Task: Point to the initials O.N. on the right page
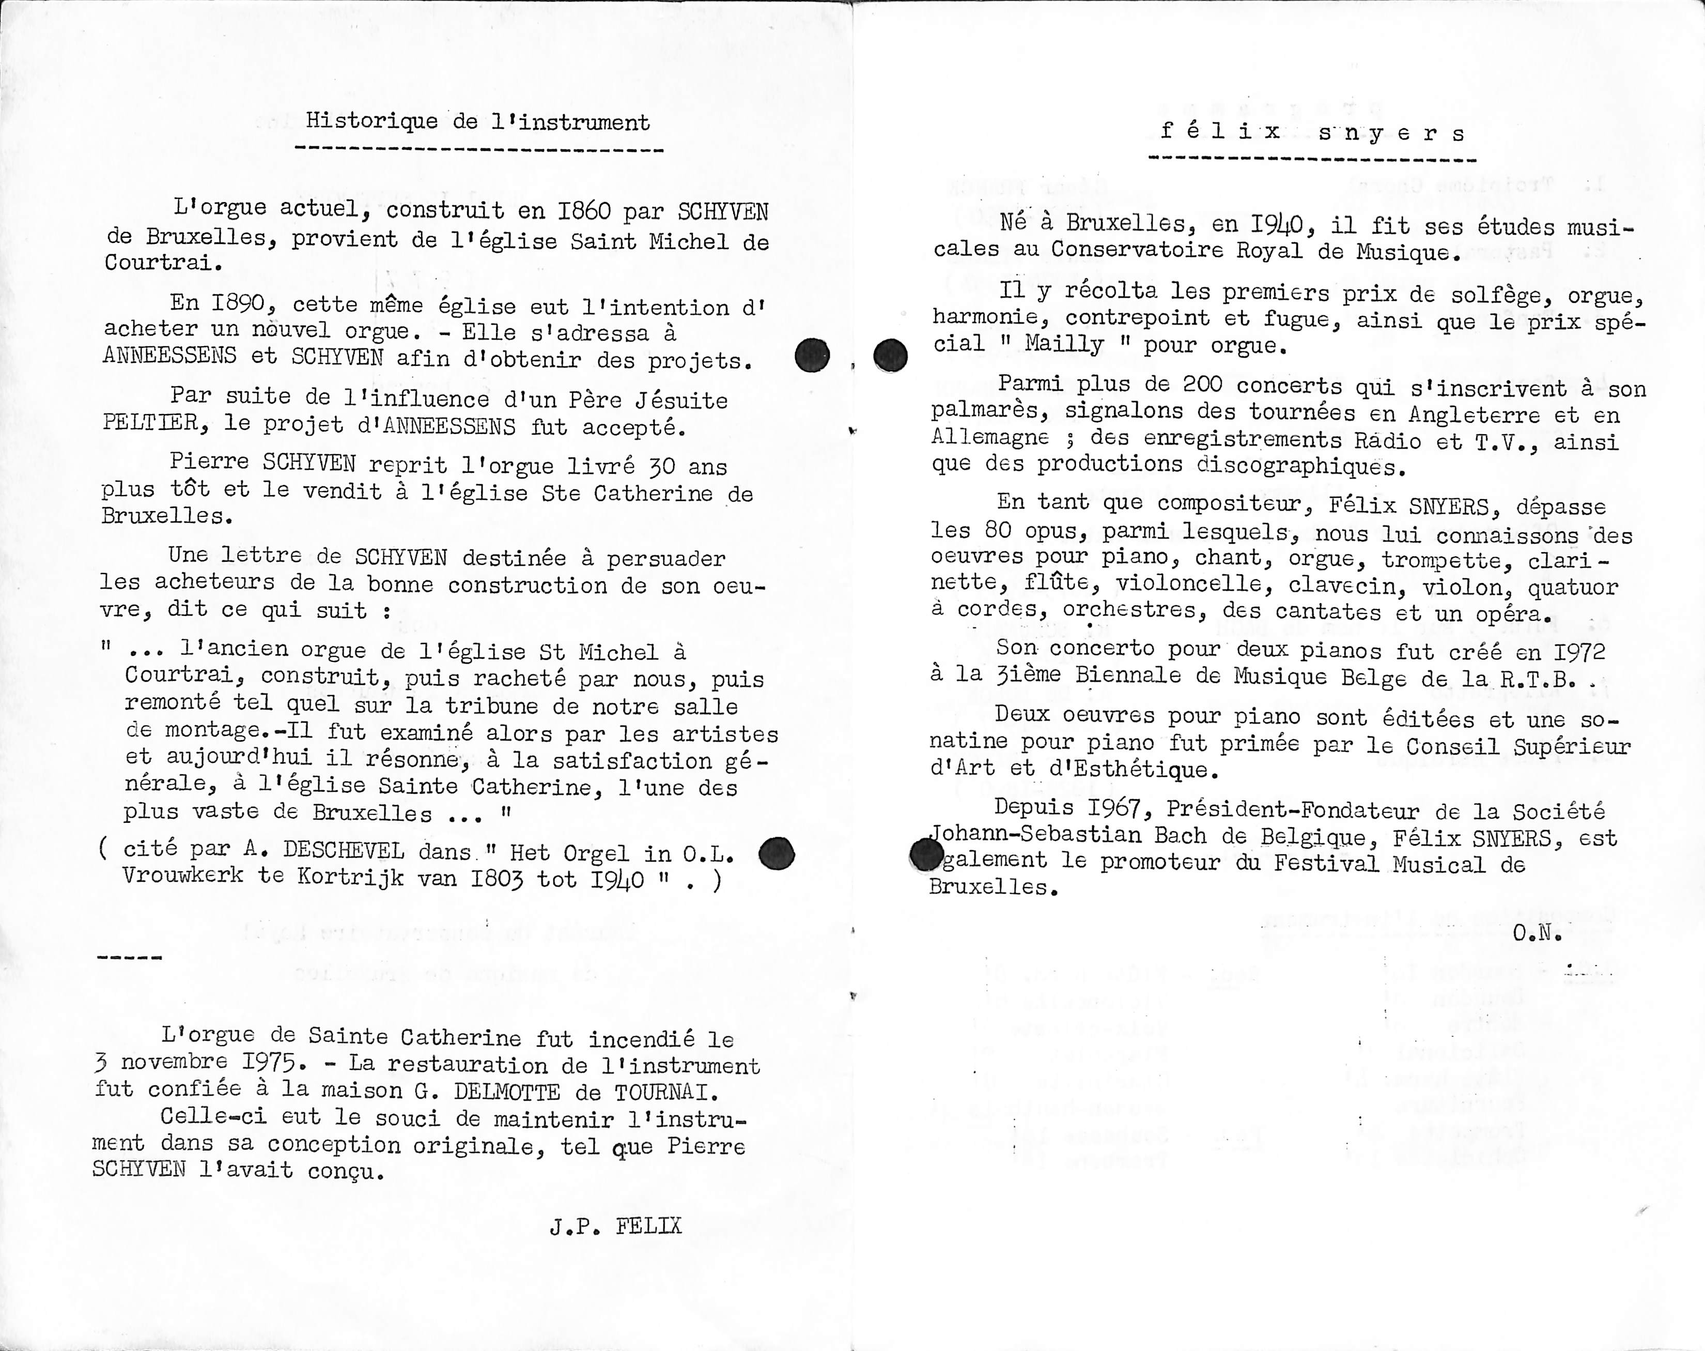click(x=1538, y=933)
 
